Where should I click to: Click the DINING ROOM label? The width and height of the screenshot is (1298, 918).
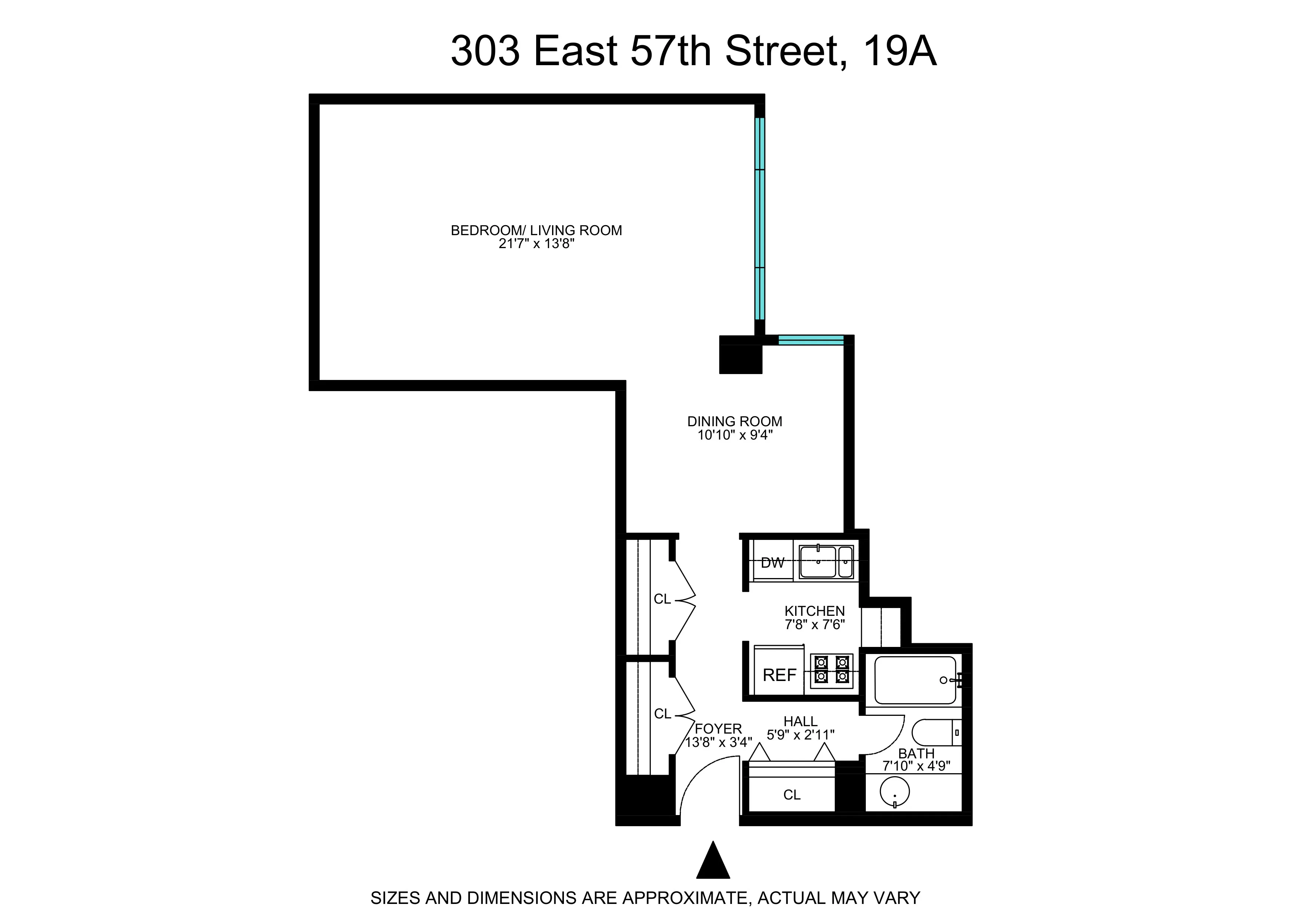[x=734, y=421]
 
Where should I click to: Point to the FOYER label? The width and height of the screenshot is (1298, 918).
[x=718, y=728]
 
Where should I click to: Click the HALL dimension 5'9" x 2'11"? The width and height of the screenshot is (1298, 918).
[x=800, y=735]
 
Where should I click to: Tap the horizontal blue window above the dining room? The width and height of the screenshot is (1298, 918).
[x=811, y=340]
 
